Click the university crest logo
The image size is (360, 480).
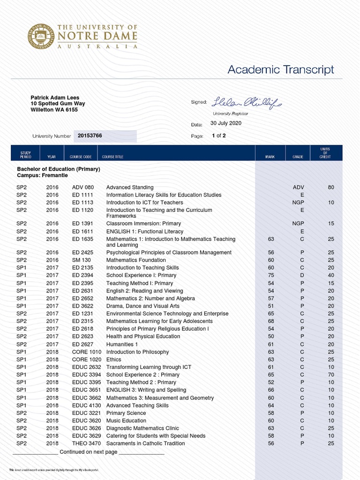(x=41, y=36)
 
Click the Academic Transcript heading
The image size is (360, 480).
(x=280, y=70)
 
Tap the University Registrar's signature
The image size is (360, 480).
(x=247, y=102)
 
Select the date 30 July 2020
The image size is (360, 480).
(x=225, y=123)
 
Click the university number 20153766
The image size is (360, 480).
(x=90, y=135)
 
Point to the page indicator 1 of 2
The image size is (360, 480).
(x=218, y=136)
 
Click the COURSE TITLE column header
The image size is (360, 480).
(x=112, y=157)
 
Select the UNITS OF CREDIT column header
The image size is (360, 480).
(x=325, y=153)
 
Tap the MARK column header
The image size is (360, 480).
(x=270, y=157)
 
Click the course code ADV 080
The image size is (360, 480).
(x=83, y=187)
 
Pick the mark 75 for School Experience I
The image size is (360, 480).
(x=271, y=276)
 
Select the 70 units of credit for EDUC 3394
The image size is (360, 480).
(x=331, y=375)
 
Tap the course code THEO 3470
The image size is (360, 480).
(x=87, y=443)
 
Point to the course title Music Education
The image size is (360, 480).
(x=126, y=420)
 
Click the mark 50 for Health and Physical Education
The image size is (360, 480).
(x=271, y=337)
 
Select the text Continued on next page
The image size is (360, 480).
(x=89, y=452)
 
